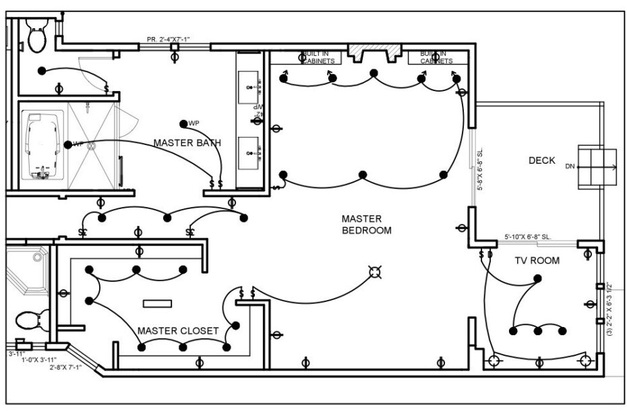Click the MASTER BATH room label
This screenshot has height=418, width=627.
187,143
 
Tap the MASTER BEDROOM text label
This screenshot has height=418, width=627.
366,225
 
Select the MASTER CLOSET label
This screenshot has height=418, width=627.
178,330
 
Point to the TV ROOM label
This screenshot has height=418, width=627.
537,260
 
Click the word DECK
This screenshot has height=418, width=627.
541,160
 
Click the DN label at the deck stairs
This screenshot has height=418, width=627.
570,166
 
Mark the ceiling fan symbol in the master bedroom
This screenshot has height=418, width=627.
374,272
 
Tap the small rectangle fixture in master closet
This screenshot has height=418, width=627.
156,303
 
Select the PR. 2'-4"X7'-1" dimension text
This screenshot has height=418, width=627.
168,40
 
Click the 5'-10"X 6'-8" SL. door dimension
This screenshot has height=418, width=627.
528,237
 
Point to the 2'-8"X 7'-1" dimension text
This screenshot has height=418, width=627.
65,367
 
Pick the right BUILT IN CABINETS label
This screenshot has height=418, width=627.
436,57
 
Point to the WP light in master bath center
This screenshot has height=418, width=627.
183,123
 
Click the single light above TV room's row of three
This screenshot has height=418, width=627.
537,278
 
